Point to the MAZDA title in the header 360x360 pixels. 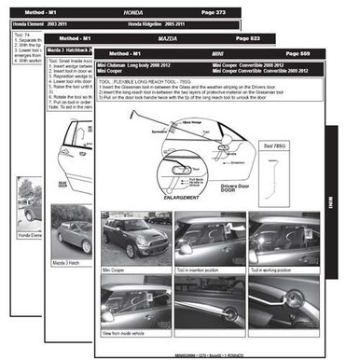tap(171, 32)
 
